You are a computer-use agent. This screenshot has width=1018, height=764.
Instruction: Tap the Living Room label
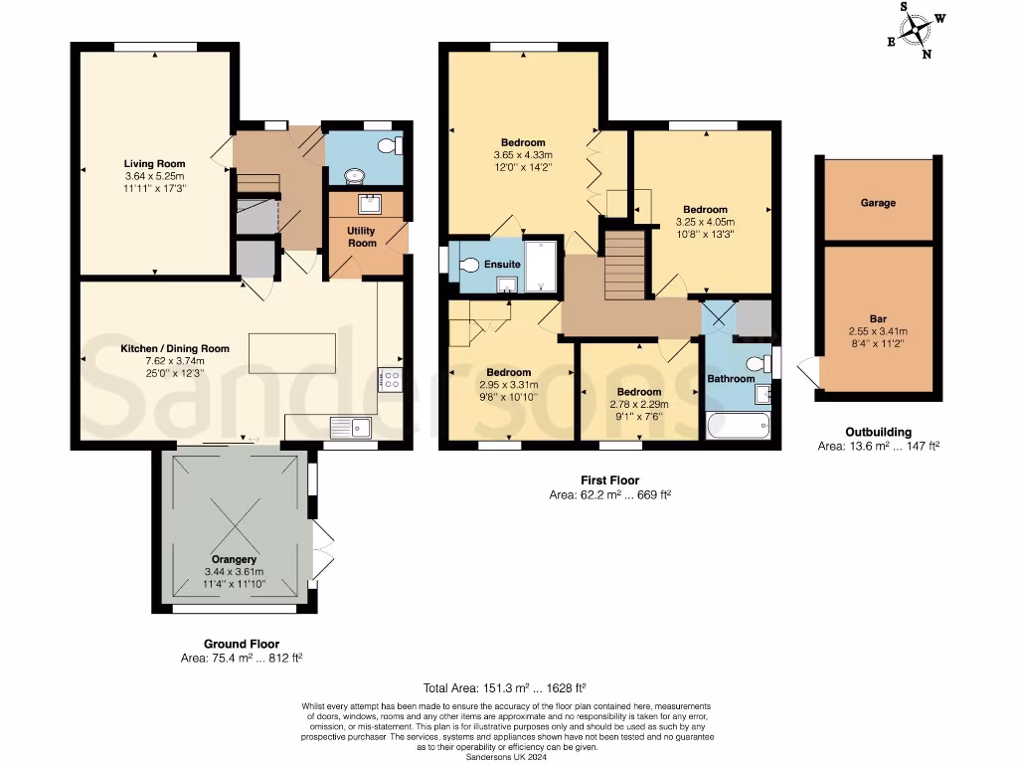click(x=154, y=163)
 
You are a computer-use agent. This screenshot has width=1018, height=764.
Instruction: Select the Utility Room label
click(x=361, y=236)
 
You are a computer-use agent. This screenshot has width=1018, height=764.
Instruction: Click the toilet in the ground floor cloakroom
click(x=391, y=146)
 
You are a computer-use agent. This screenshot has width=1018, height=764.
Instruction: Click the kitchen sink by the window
click(x=354, y=427)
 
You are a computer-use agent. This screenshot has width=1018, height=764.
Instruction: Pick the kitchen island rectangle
click(x=292, y=354)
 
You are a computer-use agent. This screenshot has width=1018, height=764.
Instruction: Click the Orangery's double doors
click(x=322, y=550)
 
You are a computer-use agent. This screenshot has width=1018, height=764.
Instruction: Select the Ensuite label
click(x=503, y=265)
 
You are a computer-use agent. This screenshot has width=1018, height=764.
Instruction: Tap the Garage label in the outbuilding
click(x=878, y=202)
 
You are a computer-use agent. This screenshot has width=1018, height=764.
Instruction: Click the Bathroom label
click(x=731, y=378)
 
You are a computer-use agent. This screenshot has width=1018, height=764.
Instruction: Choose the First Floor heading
click(x=609, y=480)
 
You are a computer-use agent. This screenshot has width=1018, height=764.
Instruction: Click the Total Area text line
click(x=505, y=687)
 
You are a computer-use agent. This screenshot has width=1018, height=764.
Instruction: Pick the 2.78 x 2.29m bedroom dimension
click(x=638, y=405)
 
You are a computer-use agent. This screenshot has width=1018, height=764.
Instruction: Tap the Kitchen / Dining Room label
click(x=175, y=348)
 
